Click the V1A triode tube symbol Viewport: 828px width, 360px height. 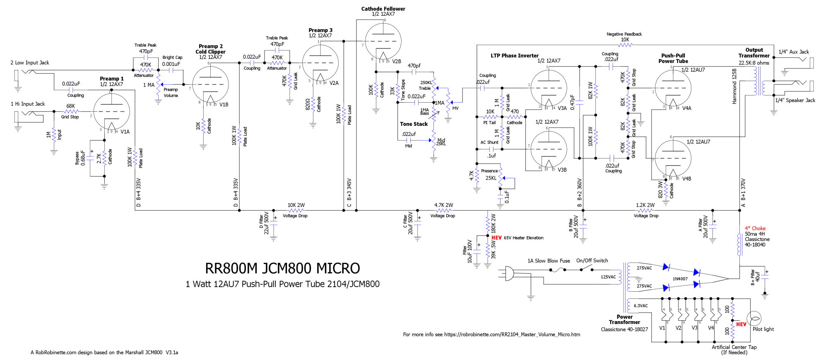pyautogui.click(x=111, y=111)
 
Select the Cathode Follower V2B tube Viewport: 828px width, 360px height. pyautogui.click(x=383, y=41)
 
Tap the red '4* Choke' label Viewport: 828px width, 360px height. pyautogui.click(x=755, y=228)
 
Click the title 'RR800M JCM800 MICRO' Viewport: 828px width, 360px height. pyautogui.click(x=282, y=268)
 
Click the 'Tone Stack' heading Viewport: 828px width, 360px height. pyautogui.click(x=414, y=124)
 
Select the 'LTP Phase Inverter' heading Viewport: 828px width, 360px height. pyautogui.click(x=515, y=56)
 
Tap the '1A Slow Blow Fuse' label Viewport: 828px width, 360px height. pyautogui.click(x=549, y=261)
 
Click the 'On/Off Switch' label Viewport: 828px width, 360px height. pyautogui.click(x=592, y=261)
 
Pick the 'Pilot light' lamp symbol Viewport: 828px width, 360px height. pyautogui.click(x=755, y=319)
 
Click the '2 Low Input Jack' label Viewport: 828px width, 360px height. pyautogui.click(x=30, y=63)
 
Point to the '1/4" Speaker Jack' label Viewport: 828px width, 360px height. pyautogui.click(x=795, y=101)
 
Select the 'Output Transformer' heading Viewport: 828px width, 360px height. pyautogui.click(x=754, y=53)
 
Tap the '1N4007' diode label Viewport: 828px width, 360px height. pyautogui.click(x=680, y=279)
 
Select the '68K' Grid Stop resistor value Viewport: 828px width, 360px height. pyautogui.click(x=71, y=106)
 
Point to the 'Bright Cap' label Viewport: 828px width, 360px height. pyautogui.click(x=172, y=58)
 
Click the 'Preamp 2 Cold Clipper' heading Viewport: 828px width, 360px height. pyautogui.click(x=210, y=49)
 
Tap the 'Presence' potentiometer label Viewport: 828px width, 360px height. pyautogui.click(x=489, y=171)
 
